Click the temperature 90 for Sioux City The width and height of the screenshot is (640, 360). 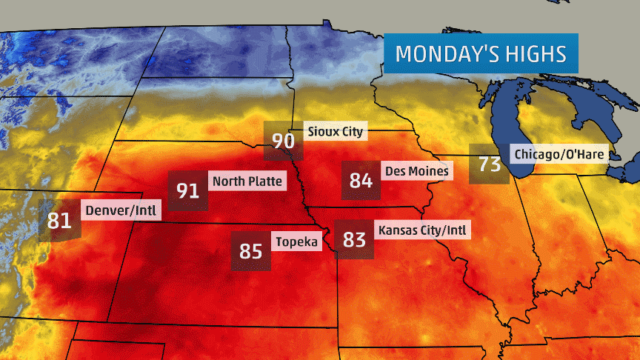[284, 140]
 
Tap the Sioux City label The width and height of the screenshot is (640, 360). [336, 132]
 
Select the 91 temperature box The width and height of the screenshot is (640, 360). [188, 190]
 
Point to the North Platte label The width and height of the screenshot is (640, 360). [247, 181]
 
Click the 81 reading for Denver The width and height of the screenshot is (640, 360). [59, 220]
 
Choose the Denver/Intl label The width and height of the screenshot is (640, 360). [121, 210]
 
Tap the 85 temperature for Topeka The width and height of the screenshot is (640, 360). [251, 251]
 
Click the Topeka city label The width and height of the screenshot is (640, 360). [296, 241]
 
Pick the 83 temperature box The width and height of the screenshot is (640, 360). [355, 239]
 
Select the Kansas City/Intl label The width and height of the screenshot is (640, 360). [423, 230]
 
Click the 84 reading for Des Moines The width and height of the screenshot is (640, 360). [361, 180]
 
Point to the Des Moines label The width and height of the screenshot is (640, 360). [416, 171]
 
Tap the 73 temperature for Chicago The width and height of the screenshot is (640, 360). [490, 164]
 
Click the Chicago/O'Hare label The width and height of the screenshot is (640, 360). [559, 154]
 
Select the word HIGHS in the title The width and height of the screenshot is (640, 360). [539, 54]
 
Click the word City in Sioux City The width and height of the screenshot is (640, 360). [352, 132]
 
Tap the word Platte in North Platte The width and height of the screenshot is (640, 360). [264, 181]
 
